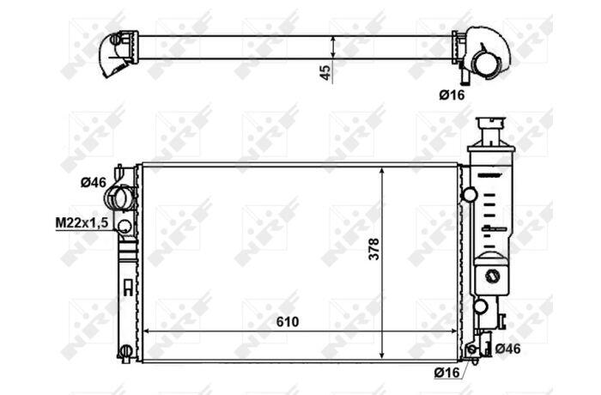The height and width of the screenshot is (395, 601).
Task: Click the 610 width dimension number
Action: tap(288, 322)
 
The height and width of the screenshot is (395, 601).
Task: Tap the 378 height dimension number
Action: tap(373, 249)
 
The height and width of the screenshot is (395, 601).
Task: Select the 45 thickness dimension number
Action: tap(325, 72)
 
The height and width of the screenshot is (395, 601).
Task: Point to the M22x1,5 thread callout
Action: tap(82, 222)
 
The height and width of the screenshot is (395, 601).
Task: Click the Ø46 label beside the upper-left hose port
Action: tap(93, 183)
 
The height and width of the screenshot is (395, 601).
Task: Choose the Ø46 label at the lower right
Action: tap(508, 349)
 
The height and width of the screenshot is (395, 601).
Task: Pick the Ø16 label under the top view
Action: tap(452, 94)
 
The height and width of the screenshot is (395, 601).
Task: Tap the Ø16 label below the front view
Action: tap(447, 372)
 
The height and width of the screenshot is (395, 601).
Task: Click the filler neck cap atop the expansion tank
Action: tap(491, 131)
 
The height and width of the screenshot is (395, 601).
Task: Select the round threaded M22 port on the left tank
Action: tap(124, 226)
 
